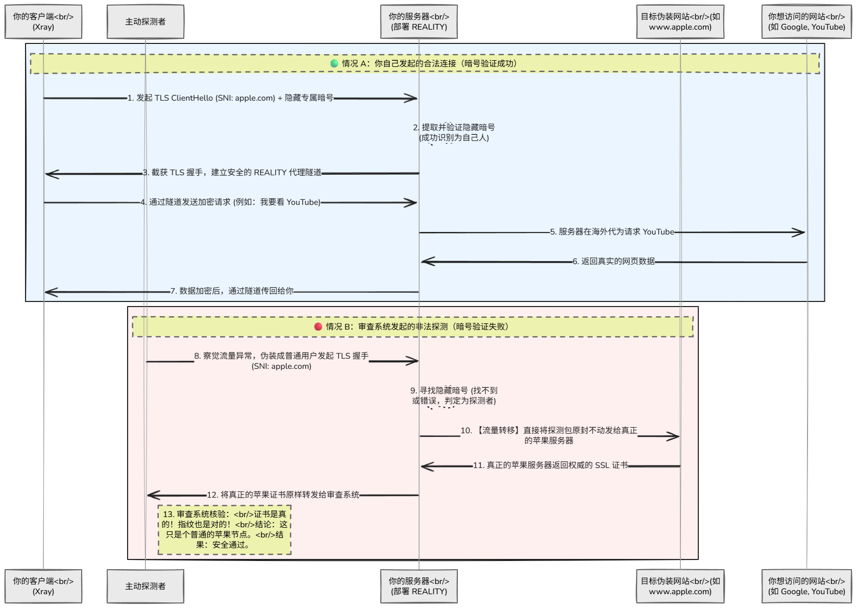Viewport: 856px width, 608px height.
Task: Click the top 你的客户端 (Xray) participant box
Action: [x=43, y=22]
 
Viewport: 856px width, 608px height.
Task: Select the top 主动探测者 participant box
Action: [x=145, y=22]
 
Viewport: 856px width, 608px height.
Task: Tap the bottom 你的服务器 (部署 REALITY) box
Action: [x=419, y=586]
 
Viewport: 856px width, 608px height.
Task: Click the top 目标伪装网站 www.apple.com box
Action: [x=680, y=22]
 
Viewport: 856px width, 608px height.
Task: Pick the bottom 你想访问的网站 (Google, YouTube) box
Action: [x=806, y=586]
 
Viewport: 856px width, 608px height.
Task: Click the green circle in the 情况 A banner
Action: [x=334, y=63]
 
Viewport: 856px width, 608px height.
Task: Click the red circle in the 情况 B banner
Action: [x=318, y=326]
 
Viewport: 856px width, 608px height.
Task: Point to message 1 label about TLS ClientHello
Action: [x=230, y=98]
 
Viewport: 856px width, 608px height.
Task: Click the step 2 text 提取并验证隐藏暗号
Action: [x=454, y=127]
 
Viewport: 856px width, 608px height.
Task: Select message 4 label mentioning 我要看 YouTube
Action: [x=231, y=202]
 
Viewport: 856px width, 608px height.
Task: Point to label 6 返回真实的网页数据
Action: [x=614, y=262]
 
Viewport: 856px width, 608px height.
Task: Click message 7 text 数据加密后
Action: [x=232, y=291]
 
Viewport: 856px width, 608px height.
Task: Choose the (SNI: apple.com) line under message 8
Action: [x=281, y=366]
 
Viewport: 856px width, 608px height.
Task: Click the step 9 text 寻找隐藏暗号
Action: [x=454, y=391]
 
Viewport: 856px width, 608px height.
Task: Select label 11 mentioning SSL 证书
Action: [x=550, y=465]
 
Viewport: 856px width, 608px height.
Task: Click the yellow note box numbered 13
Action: [x=225, y=530]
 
